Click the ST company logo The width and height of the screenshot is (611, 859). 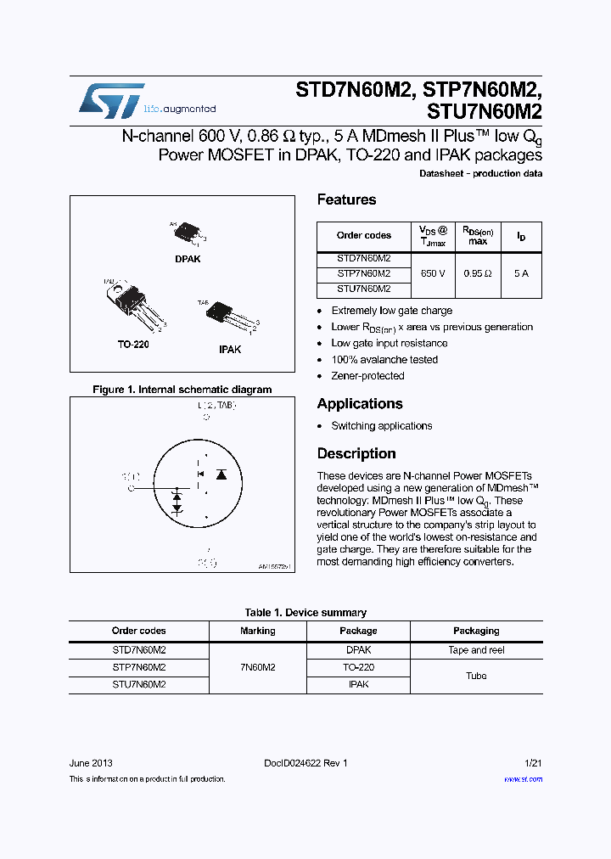pyautogui.click(x=111, y=100)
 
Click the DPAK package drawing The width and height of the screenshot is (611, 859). pyautogui.click(x=188, y=232)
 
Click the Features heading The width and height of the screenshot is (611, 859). pyautogui.click(x=346, y=199)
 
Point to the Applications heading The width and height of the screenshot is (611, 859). pyautogui.click(x=360, y=404)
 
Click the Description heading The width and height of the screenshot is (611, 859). pyautogui.click(x=356, y=453)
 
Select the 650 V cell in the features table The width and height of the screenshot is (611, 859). pyautogui.click(x=433, y=274)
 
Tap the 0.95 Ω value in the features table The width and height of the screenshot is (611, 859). pyautogui.click(x=478, y=274)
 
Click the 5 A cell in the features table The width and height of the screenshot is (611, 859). pyautogui.click(x=520, y=274)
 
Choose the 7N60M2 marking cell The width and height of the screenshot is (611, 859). pyautogui.click(x=257, y=667)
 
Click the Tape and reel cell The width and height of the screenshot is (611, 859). pyautogui.click(x=476, y=650)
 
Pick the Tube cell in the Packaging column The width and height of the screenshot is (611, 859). pyautogui.click(x=476, y=676)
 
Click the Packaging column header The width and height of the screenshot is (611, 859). pyautogui.click(x=476, y=631)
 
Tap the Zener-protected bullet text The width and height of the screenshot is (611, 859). pyautogui.click(x=367, y=376)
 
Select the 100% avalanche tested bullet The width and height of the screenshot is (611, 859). pyautogui.click(x=384, y=360)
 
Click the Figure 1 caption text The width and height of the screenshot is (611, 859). pyautogui.click(x=182, y=390)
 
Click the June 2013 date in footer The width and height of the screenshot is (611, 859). pyautogui.click(x=91, y=763)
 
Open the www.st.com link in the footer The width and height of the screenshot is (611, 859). pyautogui.click(x=523, y=779)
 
